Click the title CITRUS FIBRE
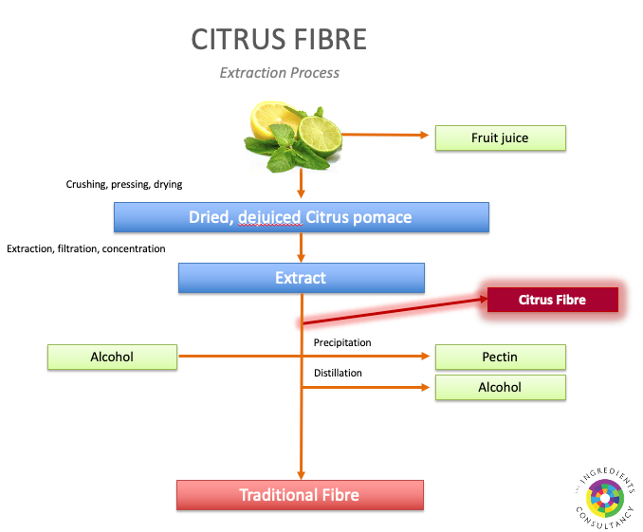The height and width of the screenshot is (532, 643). coord(279,40)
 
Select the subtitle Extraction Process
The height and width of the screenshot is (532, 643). coord(279,72)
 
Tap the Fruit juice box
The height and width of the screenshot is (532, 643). coord(500,138)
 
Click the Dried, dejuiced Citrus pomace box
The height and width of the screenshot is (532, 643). coord(301,217)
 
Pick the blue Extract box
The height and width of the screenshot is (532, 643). coord(301,278)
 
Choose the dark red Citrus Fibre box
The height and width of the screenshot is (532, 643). coord(552,300)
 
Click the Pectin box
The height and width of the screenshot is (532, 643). coord(500,358)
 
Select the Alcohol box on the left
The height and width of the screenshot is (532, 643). coord(113,358)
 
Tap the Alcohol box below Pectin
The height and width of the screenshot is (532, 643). coord(500,387)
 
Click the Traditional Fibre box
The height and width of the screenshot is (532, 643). coord(299,495)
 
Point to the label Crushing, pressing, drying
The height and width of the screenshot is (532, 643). coord(123,184)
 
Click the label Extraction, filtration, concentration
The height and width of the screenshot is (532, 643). coord(86,248)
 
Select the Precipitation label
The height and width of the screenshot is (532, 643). coord(341,342)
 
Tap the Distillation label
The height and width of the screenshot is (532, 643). coord(338,373)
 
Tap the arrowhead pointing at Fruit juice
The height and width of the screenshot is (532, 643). coord(423,136)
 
